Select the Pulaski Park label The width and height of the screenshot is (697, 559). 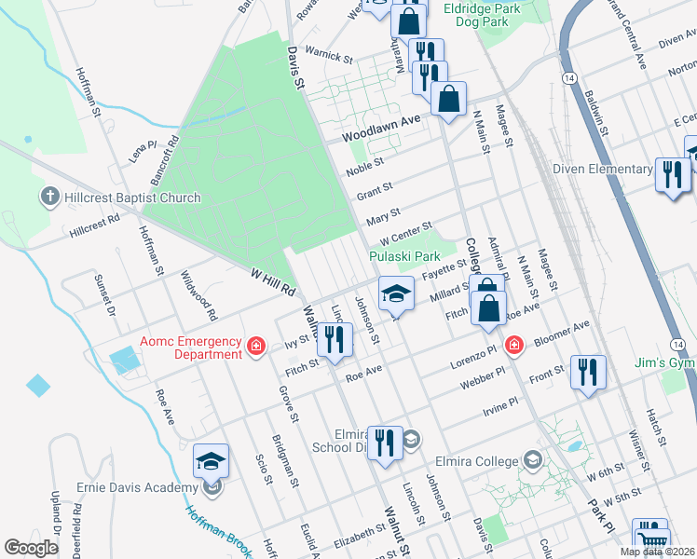pyautogui.click(x=404, y=256)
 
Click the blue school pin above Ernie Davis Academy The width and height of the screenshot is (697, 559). pyautogui.click(x=211, y=461)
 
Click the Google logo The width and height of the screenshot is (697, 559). pyautogui.click(x=31, y=548)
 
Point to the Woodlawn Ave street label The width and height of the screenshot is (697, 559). pyautogui.click(x=381, y=128)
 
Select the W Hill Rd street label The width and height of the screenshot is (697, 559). pyautogui.click(x=272, y=278)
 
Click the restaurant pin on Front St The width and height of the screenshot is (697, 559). pyautogui.click(x=588, y=373)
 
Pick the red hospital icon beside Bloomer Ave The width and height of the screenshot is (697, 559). pyautogui.click(x=513, y=346)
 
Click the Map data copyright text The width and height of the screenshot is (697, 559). pyautogui.click(x=656, y=552)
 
